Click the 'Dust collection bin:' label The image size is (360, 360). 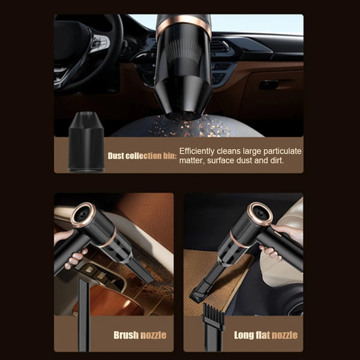click(x=142, y=156)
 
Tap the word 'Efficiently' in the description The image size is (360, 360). click(x=197, y=151)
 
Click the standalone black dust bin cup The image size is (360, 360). click(x=86, y=142)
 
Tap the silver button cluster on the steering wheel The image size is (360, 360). click(x=100, y=44)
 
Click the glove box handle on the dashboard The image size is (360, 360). click(x=269, y=85)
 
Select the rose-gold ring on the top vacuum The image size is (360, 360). click(x=184, y=25)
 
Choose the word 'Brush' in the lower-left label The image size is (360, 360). click(x=126, y=335)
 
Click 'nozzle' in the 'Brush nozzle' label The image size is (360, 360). click(x=154, y=335)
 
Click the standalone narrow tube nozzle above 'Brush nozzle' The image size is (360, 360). click(x=83, y=315)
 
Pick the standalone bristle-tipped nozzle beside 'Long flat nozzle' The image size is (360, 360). click(x=213, y=327)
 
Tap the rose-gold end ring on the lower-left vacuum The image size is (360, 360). click(x=83, y=215)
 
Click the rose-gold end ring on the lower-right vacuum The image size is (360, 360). click(x=261, y=214)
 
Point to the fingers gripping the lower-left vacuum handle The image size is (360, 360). click(x=74, y=258)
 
